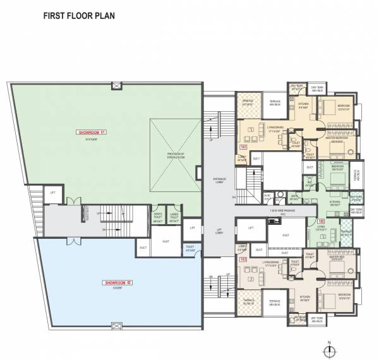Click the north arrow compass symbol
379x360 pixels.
[330, 349]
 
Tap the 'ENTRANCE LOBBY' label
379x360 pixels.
[216, 181]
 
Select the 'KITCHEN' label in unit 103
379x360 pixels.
[305, 299]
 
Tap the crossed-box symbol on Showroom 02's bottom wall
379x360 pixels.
[116, 326]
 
